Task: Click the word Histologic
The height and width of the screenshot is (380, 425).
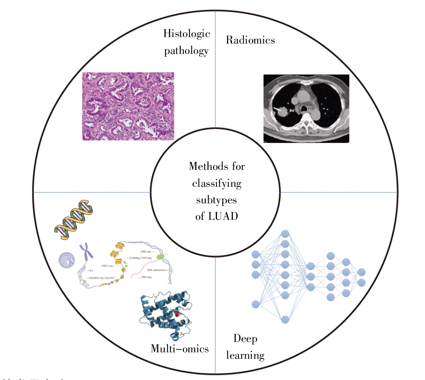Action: click(x=186, y=33)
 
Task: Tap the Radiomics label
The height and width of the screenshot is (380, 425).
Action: click(x=250, y=40)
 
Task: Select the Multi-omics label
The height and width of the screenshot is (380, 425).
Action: click(x=180, y=348)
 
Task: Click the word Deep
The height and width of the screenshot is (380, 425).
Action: click(x=245, y=338)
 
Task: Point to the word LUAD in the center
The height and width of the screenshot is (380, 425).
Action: click(x=223, y=216)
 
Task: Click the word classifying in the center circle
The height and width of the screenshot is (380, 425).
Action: click(x=217, y=184)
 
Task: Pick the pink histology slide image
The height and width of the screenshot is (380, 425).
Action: click(x=128, y=106)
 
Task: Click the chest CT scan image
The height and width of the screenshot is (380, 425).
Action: click(x=306, y=108)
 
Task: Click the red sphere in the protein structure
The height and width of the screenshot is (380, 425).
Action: click(x=177, y=315)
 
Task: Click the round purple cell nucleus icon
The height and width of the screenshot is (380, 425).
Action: click(x=67, y=260)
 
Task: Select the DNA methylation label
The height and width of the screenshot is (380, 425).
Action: click(x=157, y=270)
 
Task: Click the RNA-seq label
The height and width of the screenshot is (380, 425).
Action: click(x=146, y=277)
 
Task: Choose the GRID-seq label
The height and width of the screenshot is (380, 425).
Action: click(x=146, y=252)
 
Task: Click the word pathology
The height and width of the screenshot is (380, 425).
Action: click(x=186, y=51)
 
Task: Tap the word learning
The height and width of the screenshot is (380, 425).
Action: click(x=245, y=355)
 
